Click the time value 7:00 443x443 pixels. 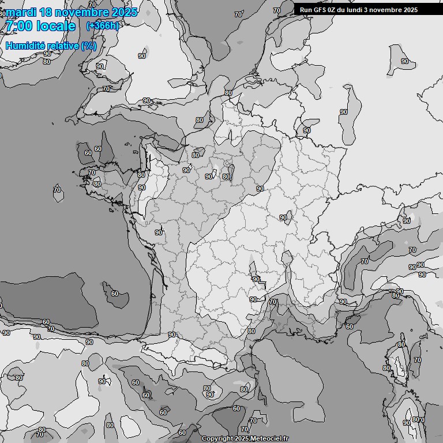18,26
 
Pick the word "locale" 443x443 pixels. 55,26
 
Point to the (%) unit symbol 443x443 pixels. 89,46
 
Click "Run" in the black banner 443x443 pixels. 306,10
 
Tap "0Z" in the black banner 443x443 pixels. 333,10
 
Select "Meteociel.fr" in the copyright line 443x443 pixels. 269,439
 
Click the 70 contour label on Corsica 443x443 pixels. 417,360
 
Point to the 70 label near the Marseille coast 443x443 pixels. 273,302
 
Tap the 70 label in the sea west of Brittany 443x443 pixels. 57,189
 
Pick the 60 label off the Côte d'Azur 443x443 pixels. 350,326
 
